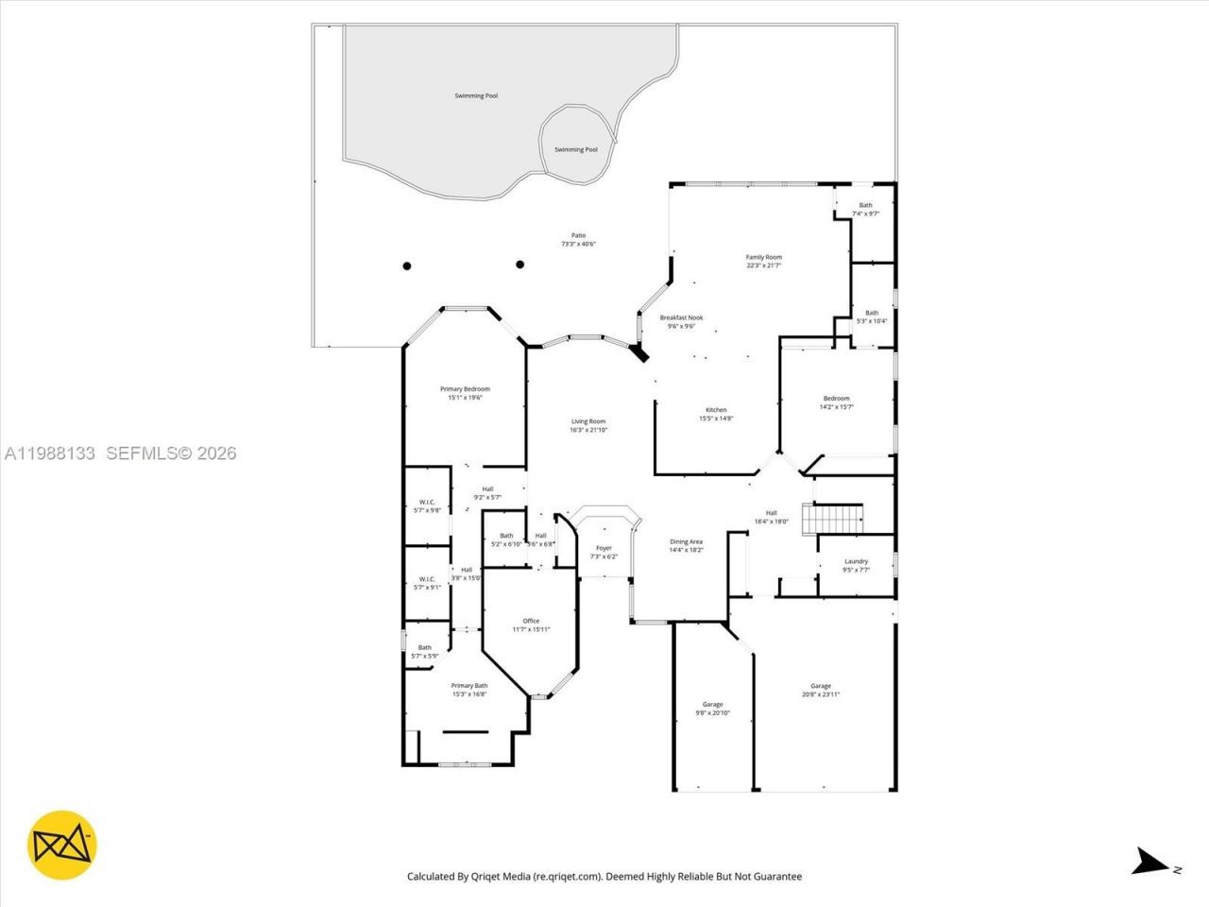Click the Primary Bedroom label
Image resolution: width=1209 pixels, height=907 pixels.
(465, 393)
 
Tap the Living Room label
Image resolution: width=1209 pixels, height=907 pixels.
(587, 425)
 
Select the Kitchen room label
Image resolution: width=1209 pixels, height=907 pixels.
(716, 414)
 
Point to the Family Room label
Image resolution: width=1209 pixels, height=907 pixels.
(763, 261)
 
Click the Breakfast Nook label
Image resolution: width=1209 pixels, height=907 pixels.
(681, 321)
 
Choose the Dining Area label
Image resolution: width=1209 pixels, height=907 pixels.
(686, 545)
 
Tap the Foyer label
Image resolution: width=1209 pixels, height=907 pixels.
(604, 552)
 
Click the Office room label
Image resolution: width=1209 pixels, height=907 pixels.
(531, 625)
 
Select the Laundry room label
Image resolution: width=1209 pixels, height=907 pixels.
(856, 565)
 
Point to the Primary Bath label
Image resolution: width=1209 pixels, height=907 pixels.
(468, 690)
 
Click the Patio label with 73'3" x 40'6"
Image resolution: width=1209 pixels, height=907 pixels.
(578, 239)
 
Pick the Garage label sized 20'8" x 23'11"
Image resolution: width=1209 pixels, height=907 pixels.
(820, 690)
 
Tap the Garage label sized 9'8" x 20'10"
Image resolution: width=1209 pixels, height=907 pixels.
(712, 709)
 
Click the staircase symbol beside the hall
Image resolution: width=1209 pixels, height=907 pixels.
(832, 519)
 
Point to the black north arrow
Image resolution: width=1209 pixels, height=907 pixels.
(1149, 862)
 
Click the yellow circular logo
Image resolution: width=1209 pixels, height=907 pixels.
(62, 844)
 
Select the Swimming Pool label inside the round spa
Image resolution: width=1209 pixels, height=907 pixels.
(575, 149)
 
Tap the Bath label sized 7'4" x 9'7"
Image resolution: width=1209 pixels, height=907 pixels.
(865, 209)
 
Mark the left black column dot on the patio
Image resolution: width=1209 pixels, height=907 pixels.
(407, 265)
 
